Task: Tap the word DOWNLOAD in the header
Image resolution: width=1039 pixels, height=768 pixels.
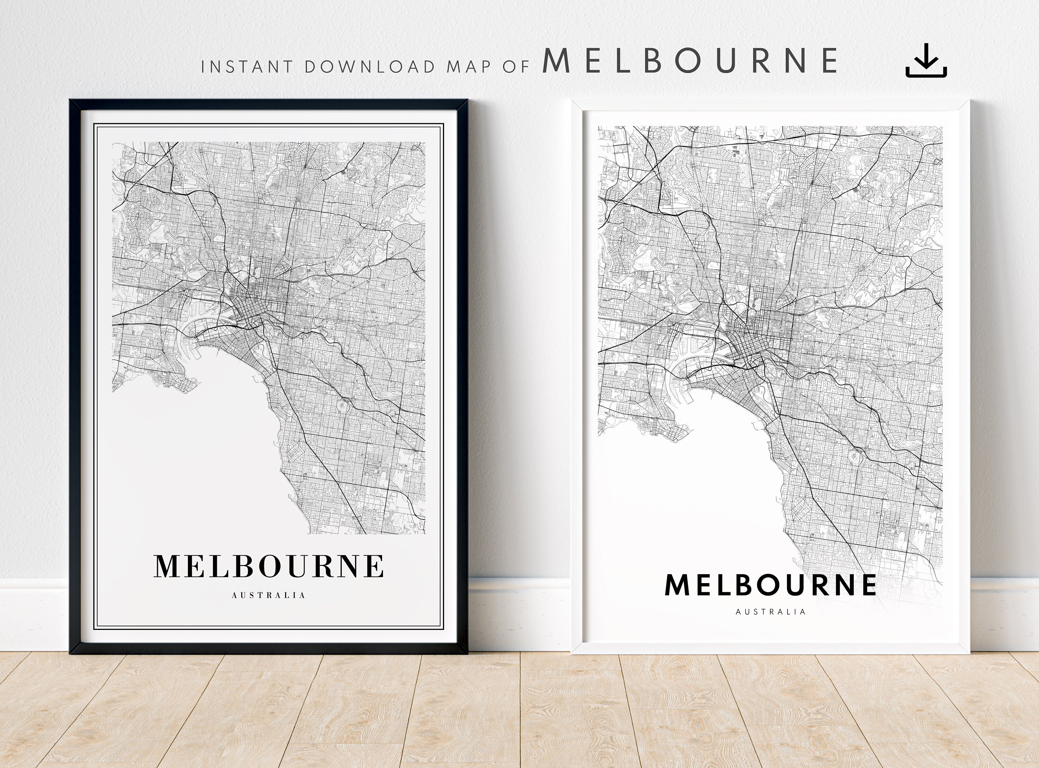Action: click(x=370, y=66)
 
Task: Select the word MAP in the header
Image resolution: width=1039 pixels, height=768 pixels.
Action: click(x=469, y=66)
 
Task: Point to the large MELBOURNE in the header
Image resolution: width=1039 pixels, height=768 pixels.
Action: click(x=690, y=61)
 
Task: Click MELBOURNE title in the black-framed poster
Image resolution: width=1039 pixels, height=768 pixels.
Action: click(x=269, y=566)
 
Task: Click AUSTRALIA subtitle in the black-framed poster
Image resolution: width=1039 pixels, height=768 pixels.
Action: click(x=269, y=596)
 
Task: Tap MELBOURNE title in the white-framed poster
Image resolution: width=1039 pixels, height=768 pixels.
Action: click(x=770, y=585)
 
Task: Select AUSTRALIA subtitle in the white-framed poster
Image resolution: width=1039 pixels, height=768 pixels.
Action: click(x=770, y=612)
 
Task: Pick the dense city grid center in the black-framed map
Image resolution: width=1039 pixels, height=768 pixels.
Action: click(x=251, y=307)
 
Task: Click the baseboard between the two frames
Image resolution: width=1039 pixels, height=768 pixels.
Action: click(x=518, y=614)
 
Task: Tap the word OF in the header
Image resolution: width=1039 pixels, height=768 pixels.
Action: click(x=516, y=66)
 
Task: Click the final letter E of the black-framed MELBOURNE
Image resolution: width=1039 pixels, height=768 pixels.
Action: click(x=375, y=566)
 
